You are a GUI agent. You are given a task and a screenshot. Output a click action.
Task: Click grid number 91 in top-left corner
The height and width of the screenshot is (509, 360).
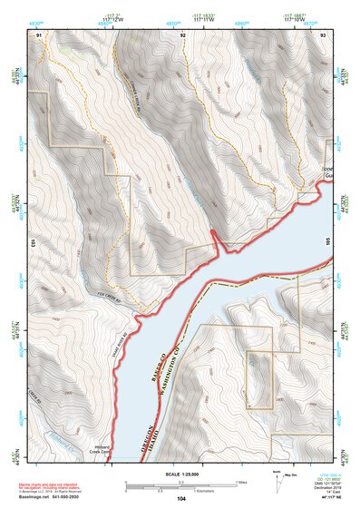(x=39, y=34)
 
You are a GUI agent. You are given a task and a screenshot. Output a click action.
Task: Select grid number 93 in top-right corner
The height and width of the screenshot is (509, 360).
(x=323, y=34)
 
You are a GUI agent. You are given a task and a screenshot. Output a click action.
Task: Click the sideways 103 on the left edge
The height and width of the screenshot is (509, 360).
(x=32, y=243)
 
